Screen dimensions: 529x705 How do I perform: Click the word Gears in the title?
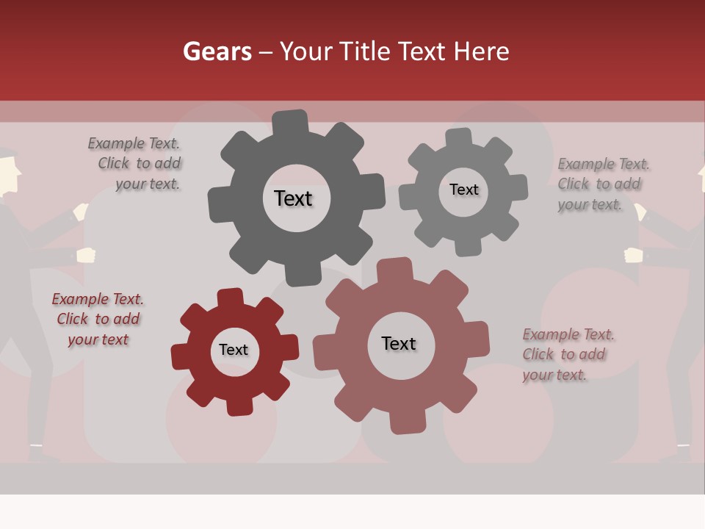217,51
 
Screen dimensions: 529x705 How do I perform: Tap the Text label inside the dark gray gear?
293,198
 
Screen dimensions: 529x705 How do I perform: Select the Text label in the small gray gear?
463,190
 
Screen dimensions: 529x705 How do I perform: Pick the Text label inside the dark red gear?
234,350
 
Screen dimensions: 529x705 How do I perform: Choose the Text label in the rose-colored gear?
399,343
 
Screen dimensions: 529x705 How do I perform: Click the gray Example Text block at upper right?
603,184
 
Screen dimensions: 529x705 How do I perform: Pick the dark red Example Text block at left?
98,319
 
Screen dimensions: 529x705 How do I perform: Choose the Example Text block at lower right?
568,354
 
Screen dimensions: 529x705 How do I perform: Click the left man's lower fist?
87,255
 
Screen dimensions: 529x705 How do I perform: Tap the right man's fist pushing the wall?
633,255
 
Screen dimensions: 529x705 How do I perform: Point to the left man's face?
7,176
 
